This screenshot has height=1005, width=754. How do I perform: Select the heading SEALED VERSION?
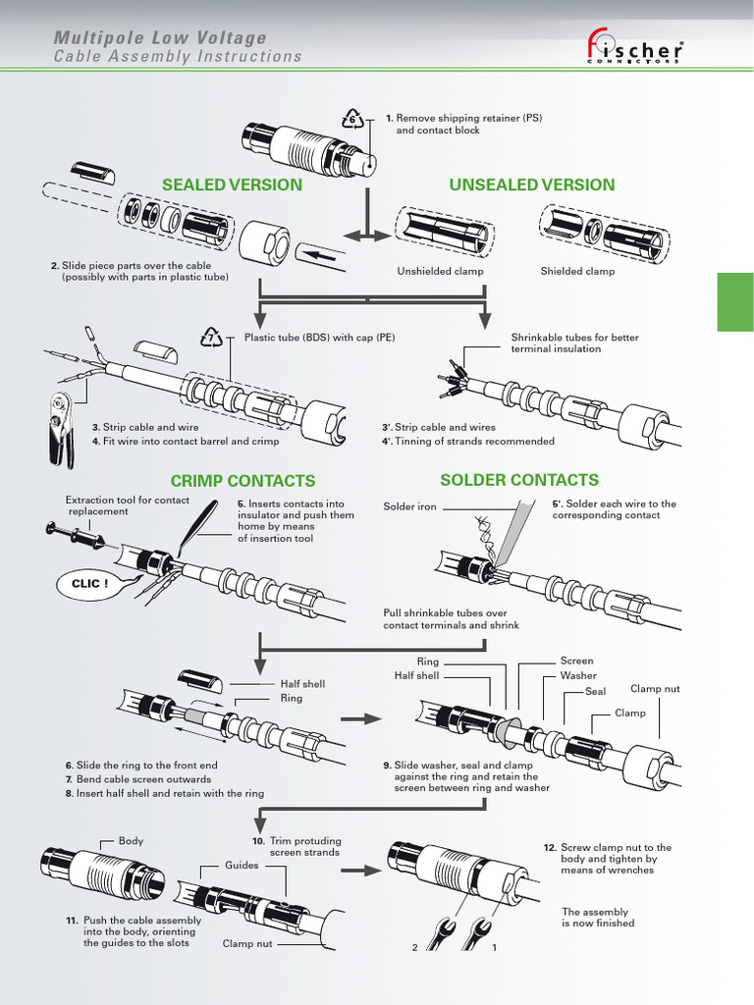232,185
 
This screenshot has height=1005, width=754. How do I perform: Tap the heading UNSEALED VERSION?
532,185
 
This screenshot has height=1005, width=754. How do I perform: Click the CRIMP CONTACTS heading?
242,481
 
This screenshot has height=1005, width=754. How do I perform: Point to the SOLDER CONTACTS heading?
519,480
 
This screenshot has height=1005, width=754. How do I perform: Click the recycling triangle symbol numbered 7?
212,339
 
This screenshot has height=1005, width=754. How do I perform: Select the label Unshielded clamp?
440,272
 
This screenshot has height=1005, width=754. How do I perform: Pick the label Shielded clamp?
577,272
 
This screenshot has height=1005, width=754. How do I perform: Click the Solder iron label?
409,507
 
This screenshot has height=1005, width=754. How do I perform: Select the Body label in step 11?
131,841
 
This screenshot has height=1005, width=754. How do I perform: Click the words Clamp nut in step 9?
655,689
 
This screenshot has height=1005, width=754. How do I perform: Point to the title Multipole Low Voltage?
160,38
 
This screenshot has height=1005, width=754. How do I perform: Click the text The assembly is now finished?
598,918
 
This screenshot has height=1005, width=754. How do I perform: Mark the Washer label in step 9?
578,675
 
